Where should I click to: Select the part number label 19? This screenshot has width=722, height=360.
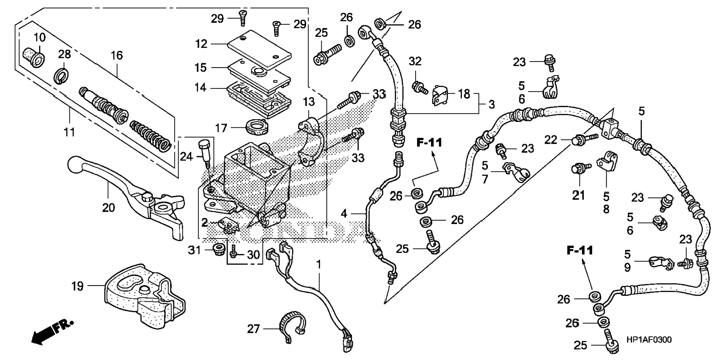(77, 286)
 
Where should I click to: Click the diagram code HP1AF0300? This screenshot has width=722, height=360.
(648, 340)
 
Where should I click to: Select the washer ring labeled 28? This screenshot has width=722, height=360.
(61, 76)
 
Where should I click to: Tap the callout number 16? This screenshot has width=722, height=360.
(116, 56)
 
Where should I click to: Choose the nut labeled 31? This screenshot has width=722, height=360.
(217, 249)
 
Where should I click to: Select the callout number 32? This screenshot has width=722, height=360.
(415, 61)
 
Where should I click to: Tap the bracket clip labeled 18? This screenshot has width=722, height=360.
(441, 95)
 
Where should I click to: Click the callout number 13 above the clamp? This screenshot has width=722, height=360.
(309, 102)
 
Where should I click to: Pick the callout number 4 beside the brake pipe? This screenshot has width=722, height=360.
(344, 214)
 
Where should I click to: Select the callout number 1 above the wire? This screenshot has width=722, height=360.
(318, 264)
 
